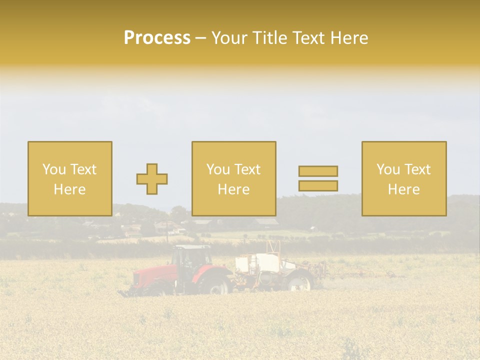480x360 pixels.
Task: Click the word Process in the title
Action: click(157, 38)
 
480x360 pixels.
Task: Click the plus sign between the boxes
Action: click(152, 178)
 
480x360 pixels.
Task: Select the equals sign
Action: click(318, 178)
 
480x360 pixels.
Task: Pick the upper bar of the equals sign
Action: click(318, 171)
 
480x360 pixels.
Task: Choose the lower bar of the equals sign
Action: click(318, 185)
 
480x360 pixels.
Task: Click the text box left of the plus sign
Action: click(70, 178)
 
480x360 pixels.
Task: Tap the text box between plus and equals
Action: click(234, 178)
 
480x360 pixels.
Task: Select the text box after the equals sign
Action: click(404, 178)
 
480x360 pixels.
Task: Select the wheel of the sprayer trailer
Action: click(299, 282)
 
